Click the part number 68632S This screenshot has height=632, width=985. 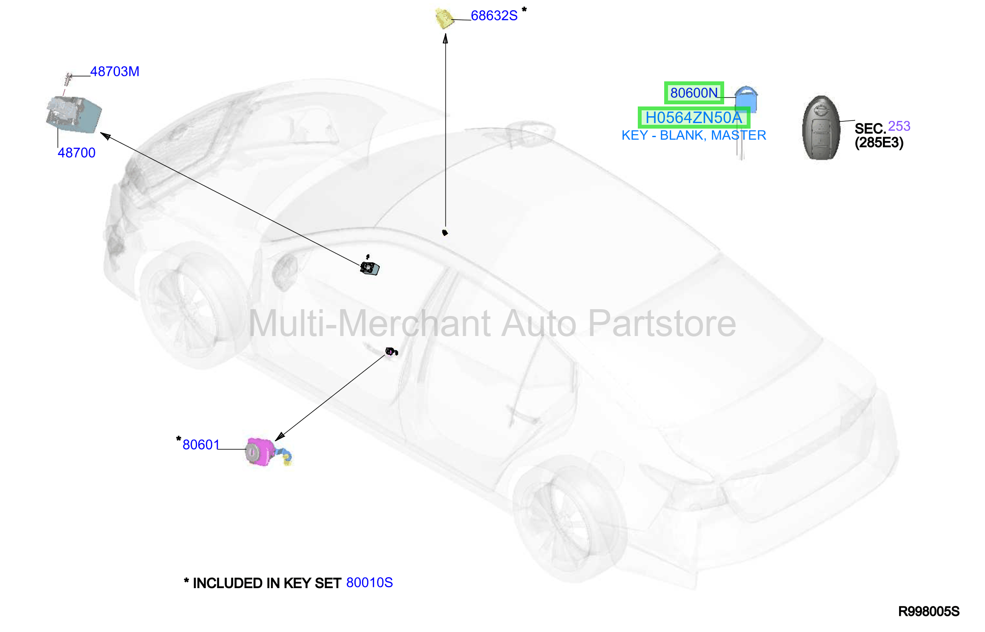(x=494, y=16)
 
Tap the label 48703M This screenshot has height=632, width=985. (x=115, y=72)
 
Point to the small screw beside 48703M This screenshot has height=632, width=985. (x=68, y=79)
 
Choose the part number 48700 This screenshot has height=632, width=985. (x=77, y=152)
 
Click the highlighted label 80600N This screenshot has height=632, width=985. (x=694, y=93)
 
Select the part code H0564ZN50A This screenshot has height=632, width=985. (x=694, y=118)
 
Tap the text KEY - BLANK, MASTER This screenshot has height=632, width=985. (x=694, y=135)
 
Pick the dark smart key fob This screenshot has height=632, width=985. (x=821, y=128)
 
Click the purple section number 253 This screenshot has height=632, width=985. (x=899, y=126)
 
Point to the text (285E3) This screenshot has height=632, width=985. (x=879, y=143)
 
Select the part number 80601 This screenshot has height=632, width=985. (x=201, y=445)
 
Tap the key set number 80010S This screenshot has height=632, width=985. (x=369, y=583)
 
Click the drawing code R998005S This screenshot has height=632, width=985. (x=929, y=612)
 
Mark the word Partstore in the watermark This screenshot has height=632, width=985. (x=662, y=324)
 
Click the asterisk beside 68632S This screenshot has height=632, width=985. (x=524, y=9)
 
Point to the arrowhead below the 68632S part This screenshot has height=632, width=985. (x=445, y=39)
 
